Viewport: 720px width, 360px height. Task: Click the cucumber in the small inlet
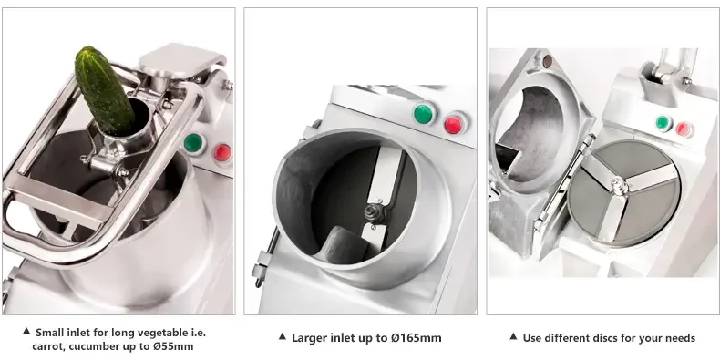[x=104, y=91]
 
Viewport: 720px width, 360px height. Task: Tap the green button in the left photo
[x=193, y=143]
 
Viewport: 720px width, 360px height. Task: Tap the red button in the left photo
[x=222, y=152]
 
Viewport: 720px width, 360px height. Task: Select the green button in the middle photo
[x=424, y=114]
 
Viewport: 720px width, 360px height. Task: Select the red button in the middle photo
[x=454, y=125]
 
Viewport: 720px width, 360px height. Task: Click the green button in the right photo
[x=663, y=123]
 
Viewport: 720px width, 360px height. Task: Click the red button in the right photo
[x=684, y=129]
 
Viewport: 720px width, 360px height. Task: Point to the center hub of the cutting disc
[x=620, y=186]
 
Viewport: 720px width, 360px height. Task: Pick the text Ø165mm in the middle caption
[x=416, y=338]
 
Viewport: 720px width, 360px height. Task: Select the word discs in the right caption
[x=609, y=338]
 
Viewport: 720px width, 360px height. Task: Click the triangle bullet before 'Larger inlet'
[x=283, y=336]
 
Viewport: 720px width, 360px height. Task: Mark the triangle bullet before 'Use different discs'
[x=514, y=336]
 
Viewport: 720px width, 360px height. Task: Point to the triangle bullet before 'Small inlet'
[x=26, y=331]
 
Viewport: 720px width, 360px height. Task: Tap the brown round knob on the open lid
[x=548, y=61]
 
